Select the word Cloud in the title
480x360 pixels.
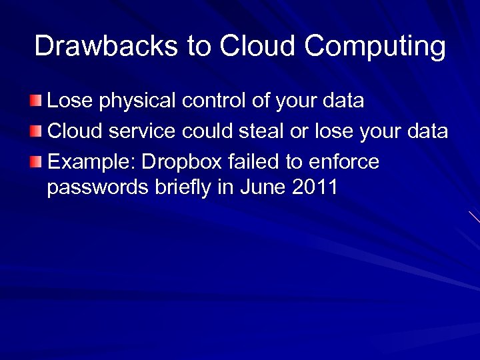click(x=257, y=46)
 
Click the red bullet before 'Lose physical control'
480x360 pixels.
click(x=35, y=101)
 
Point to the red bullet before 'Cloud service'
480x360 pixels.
click(x=35, y=132)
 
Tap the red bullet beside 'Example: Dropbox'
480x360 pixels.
click(x=35, y=162)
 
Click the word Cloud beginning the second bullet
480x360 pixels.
click(x=73, y=131)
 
